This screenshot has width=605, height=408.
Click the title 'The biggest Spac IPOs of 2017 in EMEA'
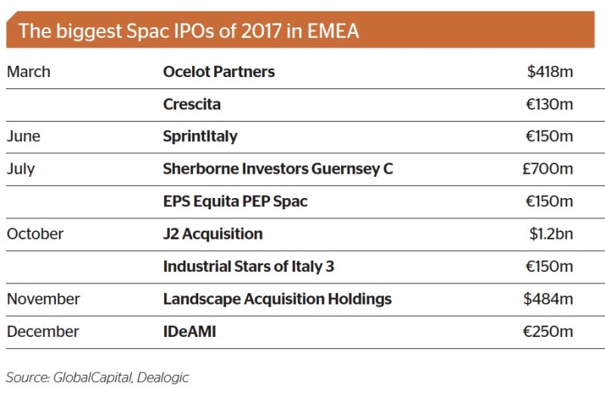point(188,31)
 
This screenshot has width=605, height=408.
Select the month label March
point(29,72)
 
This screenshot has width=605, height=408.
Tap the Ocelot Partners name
point(219,72)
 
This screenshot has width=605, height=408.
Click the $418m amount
point(550,72)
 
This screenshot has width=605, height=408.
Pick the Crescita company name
point(192,104)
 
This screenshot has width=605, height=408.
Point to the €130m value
point(550,104)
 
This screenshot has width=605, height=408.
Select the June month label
point(23,136)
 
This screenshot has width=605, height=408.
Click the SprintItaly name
point(200,137)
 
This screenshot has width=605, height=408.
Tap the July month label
point(21,169)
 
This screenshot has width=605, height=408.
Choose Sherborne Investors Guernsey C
point(278,169)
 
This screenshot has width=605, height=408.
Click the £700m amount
point(548,168)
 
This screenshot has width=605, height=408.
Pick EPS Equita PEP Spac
point(235,202)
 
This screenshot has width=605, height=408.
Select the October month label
point(35,234)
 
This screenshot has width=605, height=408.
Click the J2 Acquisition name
point(213,234)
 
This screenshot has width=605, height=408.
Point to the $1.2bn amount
point(551,234)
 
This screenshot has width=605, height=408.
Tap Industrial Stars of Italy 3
point(249,267)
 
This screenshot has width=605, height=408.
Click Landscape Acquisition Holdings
point(278,300)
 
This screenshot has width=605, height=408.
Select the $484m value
point(548,299)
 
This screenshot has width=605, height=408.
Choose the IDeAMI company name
point(190,332)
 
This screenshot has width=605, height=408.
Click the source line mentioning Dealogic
point(98,378)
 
